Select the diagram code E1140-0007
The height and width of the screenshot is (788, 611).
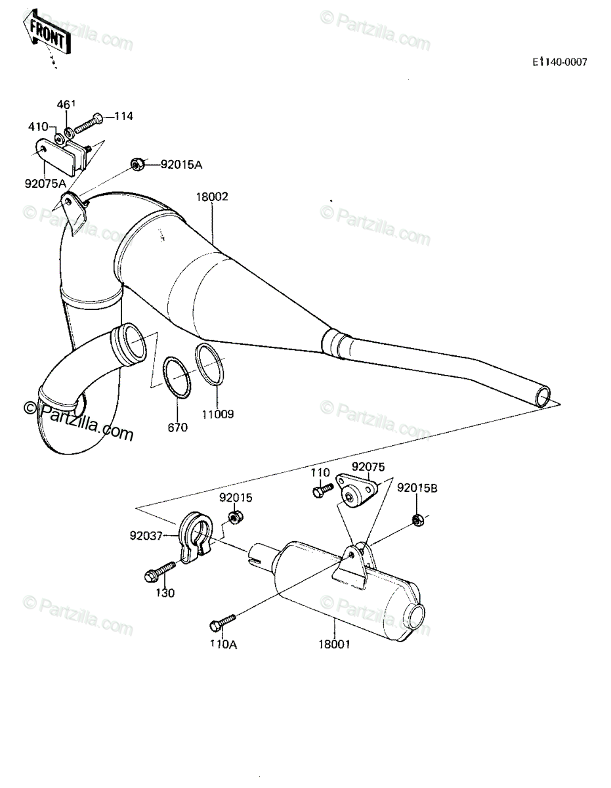[x=560, y=62]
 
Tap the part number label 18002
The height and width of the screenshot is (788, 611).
[x=212, y=196]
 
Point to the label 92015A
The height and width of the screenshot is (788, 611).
[x=181, y=165]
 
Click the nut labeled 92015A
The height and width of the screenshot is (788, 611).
[x=137, y=165]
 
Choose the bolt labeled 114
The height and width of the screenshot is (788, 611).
[x=89, y=123]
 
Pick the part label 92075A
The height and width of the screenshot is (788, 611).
[x=46, y=183]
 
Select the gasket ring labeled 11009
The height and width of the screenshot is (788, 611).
[x=210, y=363]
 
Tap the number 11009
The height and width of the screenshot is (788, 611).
[x=217, y=414]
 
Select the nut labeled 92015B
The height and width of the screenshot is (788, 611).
[x=418, y=520]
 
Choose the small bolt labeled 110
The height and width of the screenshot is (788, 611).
[x=322, y=490]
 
